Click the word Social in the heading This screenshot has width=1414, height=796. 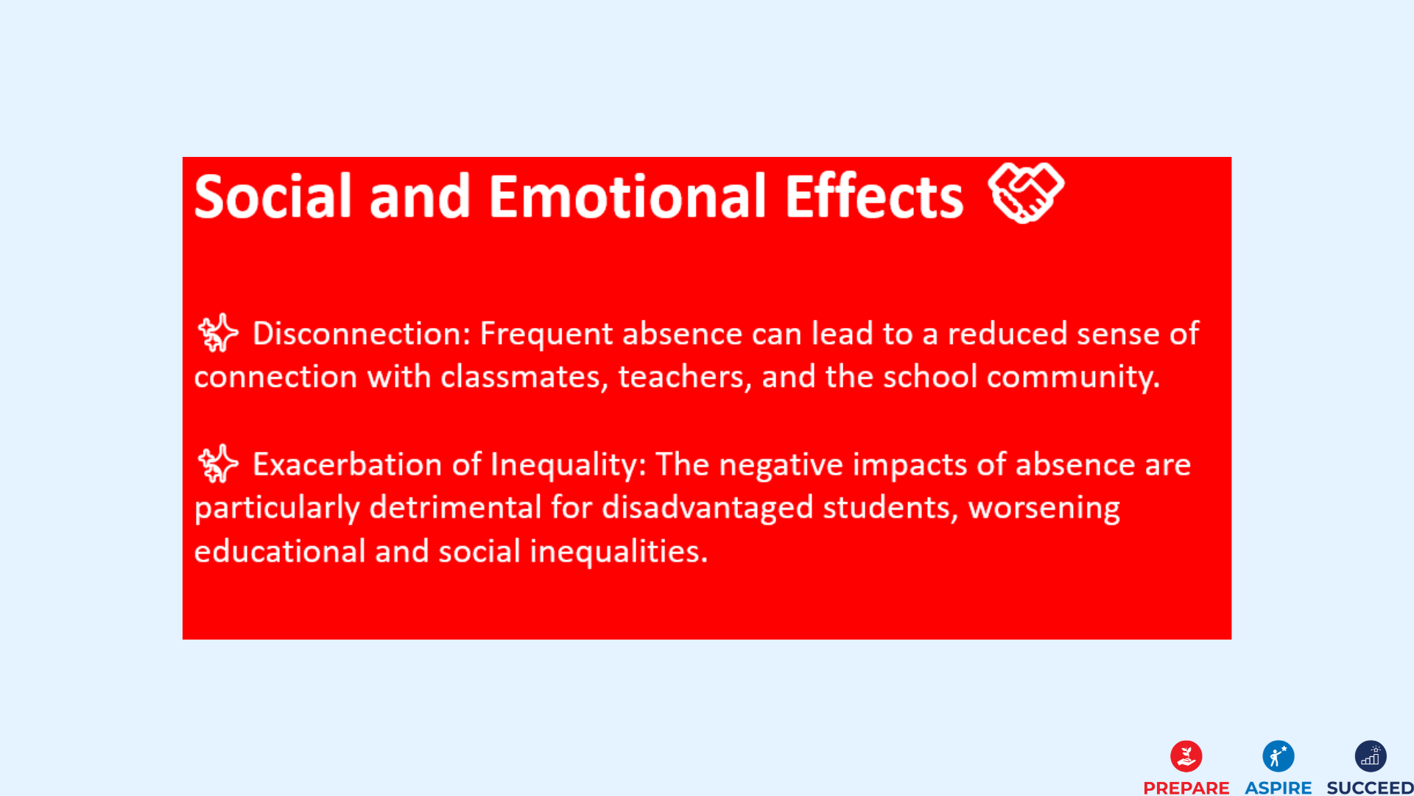click(x=273, y=197)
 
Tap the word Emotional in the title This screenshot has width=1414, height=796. click(x=627, y=197)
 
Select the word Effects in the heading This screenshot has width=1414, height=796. click(x=873, y=197)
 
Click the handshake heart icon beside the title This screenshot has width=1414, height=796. click(x=1026, y=192)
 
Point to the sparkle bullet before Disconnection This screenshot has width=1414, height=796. click(x=218, y=332)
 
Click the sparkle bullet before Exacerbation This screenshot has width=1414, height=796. click(x=218, y=464)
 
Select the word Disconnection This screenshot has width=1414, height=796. click(x=361, y=334)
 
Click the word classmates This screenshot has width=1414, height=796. click(x=524, y=377)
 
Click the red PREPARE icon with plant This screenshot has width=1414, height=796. click(x=1186, y=756)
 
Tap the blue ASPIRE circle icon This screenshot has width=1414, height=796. click(x=1278, y=756)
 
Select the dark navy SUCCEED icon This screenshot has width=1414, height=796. click(x=1370, y=756)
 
